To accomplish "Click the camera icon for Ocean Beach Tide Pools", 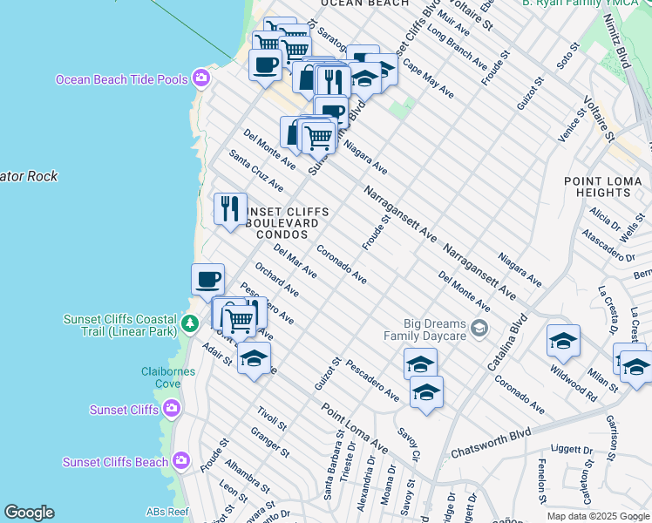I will tap(202, 79).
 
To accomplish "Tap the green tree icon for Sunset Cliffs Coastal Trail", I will tap(190, 324).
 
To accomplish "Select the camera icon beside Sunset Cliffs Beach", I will tap(180, 460).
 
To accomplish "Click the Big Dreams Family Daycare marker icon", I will tap(478, 328).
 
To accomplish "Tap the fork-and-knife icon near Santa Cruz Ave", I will tap(230, 208).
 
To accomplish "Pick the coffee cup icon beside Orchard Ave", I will tap(207, 279).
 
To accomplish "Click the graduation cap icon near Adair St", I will tap(254, 357).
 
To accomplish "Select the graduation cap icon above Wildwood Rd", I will tap(563, 340).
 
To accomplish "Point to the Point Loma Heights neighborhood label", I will tap(602, 186).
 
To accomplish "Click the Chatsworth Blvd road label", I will tap(491, 442).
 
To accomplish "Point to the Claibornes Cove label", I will tap(168, 377).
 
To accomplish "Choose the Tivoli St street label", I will tap(272, 418).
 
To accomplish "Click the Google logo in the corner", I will tap(29, 513).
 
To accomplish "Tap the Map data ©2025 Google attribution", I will tap(597, 516).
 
